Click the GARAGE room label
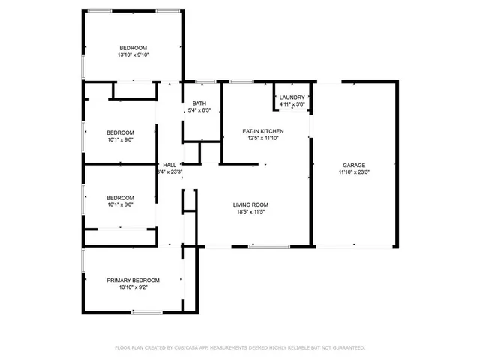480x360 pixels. [354, 165]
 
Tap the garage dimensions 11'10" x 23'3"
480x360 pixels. [354, 172]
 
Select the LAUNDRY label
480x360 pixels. [292, 97]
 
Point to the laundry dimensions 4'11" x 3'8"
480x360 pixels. [292, 105]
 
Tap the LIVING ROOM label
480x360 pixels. [250, 205]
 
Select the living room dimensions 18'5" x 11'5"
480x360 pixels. [250, 212]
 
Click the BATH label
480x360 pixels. [199, 103]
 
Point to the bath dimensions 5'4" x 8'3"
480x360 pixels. [199, 111]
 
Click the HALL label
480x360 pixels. [169, 165]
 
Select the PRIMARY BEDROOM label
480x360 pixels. [133, 280]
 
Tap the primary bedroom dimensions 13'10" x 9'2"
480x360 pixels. [133, 287]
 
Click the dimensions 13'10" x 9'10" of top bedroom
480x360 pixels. [133, 55]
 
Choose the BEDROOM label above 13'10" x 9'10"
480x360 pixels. [133, 48]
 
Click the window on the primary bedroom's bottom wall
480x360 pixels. [147, 311]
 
